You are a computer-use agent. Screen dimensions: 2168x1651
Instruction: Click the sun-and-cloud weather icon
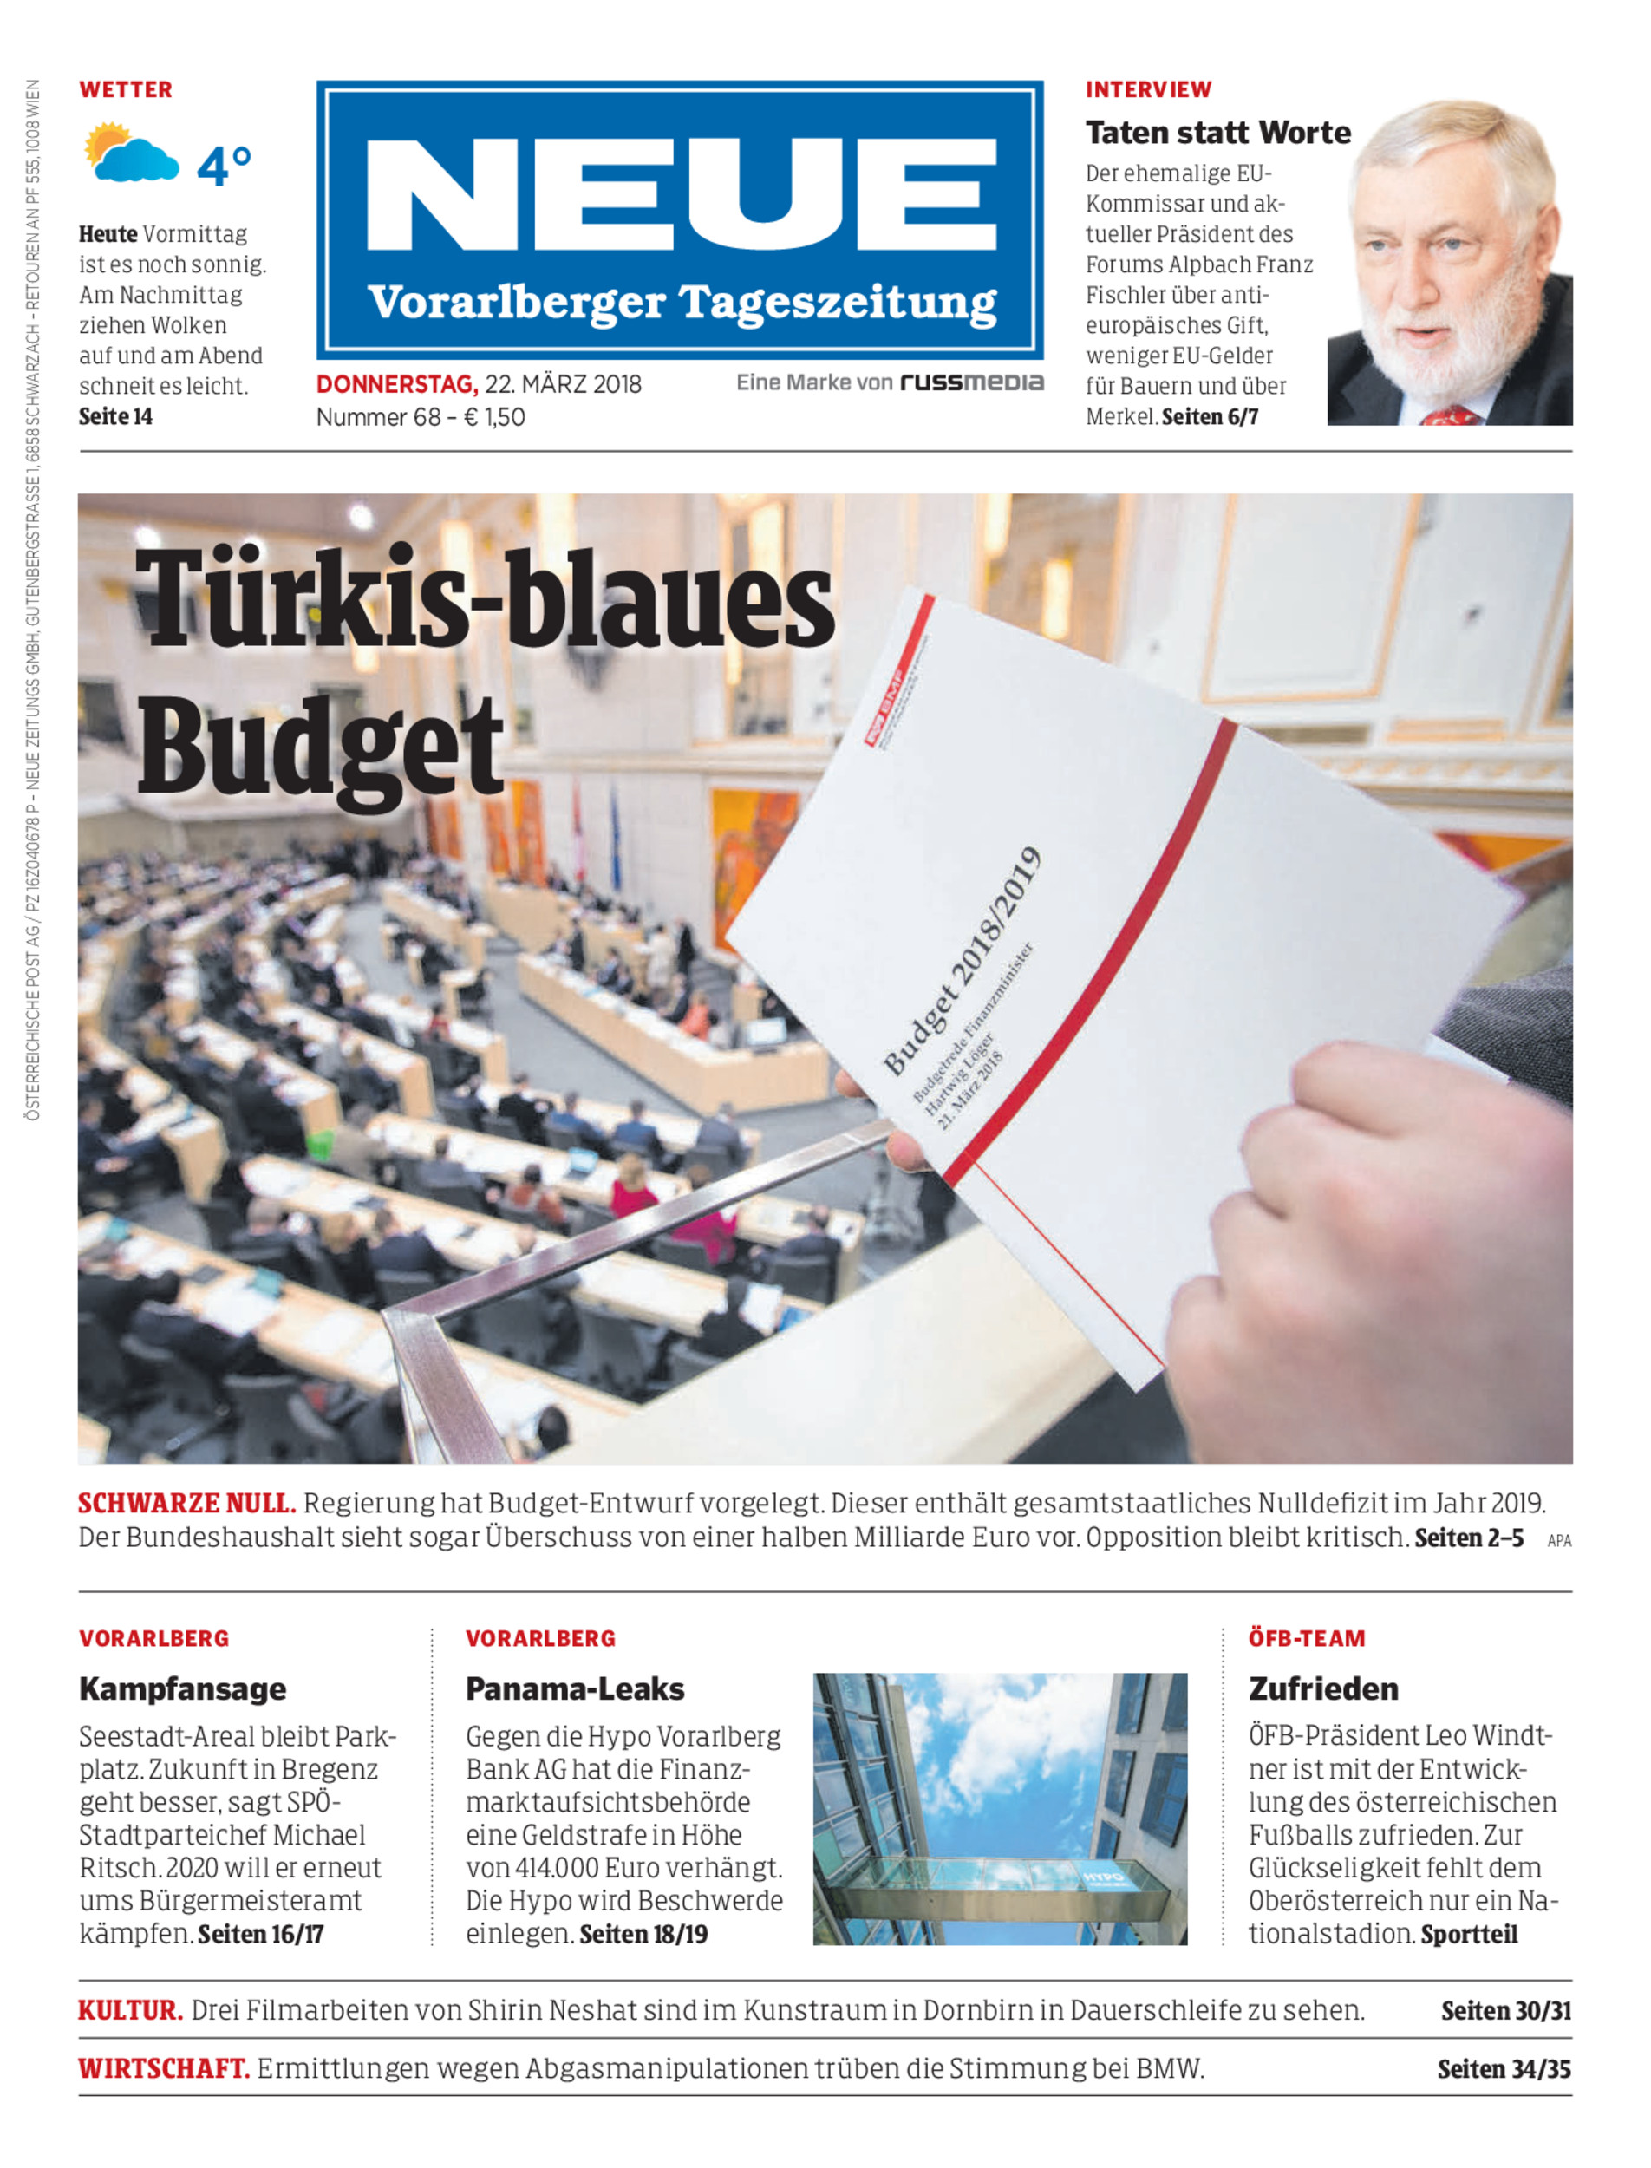click(131, 154)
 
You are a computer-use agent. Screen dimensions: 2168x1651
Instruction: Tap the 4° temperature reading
click(224, 165)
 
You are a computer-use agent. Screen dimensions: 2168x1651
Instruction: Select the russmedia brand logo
click(971, 383)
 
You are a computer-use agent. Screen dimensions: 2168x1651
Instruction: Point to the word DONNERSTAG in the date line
click(396, 384)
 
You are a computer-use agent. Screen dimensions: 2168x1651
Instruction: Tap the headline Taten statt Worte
click(1217, 133)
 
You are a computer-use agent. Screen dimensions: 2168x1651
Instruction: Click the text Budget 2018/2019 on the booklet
click(963, 960)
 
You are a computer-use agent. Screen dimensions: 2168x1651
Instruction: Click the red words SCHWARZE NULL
click(186, 1504)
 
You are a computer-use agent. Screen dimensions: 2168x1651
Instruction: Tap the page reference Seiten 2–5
click(1468, 1538)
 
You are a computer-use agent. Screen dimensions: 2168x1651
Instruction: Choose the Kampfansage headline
click(183, 1689)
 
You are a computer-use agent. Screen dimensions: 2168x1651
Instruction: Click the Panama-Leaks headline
click(575, 1689)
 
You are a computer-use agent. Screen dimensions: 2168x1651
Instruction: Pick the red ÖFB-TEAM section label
click(1306, 1638)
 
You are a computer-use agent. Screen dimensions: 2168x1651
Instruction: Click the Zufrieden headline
click(1322, 1689)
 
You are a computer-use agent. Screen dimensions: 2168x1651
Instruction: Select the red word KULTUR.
click(131, 2011)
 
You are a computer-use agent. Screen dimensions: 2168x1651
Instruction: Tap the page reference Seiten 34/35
click(1504, 2070)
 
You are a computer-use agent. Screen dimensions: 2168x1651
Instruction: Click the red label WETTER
click(126, 89)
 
